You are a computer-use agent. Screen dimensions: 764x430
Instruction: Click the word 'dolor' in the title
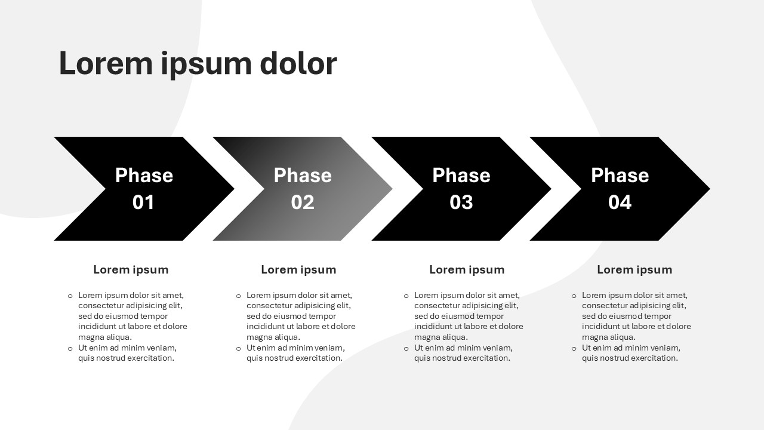(298, 63)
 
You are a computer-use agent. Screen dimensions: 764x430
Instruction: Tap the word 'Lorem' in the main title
(106, 63)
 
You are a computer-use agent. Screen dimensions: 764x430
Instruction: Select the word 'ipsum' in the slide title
(206, 66)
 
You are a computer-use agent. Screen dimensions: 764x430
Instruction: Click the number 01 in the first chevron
(143, 202)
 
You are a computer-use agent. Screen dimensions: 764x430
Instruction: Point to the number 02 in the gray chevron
(303, 202)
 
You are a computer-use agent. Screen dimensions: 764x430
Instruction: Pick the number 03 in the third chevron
(461, 202)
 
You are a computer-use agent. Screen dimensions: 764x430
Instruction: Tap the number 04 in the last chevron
(620, 202)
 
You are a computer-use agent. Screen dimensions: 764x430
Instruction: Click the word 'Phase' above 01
(144, 175)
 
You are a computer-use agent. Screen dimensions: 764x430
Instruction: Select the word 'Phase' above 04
(620, 175)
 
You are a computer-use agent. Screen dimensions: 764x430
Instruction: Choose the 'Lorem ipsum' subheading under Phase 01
(131, 269)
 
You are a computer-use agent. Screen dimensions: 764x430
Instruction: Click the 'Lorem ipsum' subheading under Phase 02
(299, 269)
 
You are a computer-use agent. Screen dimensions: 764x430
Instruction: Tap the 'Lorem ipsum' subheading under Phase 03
(467, 269)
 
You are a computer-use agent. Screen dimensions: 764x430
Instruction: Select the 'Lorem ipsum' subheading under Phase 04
(634, 269)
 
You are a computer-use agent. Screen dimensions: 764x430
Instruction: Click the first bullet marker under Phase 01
(70, 296)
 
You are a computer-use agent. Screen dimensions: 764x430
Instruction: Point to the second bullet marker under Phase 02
(238, 348)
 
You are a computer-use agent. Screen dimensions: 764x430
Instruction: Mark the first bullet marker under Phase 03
(406, 296)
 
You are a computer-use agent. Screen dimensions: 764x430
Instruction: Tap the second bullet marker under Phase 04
(574, 348)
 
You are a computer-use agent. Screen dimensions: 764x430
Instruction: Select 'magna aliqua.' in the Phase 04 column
(609, 337)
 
